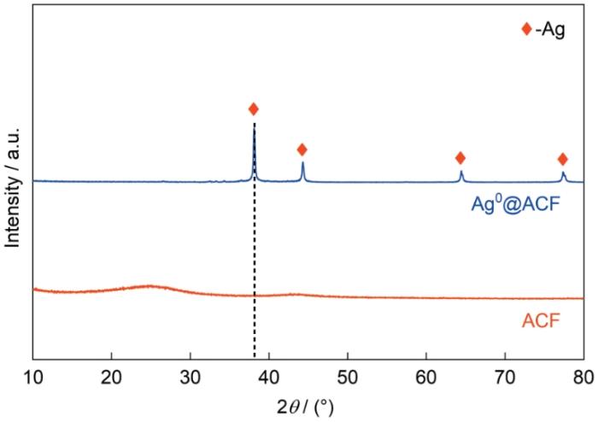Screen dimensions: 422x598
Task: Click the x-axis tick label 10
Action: click(33, 374)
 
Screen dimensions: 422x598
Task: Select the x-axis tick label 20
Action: click(111, 374)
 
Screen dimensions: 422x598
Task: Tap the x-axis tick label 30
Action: click(190, 374)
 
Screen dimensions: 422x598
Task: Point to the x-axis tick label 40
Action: click(269, 374)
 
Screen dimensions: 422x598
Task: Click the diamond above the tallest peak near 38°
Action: click(253, 108)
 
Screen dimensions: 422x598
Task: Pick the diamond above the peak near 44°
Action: click(302, 149)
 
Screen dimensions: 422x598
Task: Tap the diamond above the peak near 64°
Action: click(460, 157)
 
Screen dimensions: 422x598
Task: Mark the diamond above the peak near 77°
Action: click(562, 159)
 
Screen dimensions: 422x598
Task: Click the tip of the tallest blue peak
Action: click(254, 125)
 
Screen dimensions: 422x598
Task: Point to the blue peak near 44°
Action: click(302, 164)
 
